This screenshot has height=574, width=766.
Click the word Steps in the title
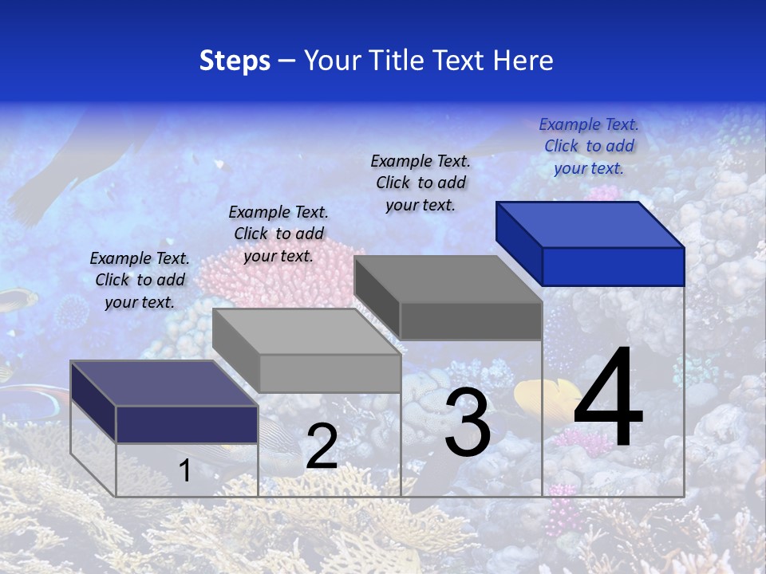(235, 61)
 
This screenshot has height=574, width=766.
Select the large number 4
(608, 399)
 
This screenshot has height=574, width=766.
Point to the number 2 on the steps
(322, 446)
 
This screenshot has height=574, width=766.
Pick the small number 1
(184, 471)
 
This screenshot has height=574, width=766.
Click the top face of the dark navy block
(164, 383)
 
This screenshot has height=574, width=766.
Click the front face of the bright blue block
(613, 266)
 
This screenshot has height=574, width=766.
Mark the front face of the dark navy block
(187, 424)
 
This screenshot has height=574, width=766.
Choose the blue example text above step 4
(589, 146)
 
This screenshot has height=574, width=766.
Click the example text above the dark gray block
(421, 183)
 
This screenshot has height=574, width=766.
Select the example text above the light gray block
(278, 234)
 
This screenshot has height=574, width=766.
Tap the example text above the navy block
(140, 280)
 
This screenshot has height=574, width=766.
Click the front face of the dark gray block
(471, 320)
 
